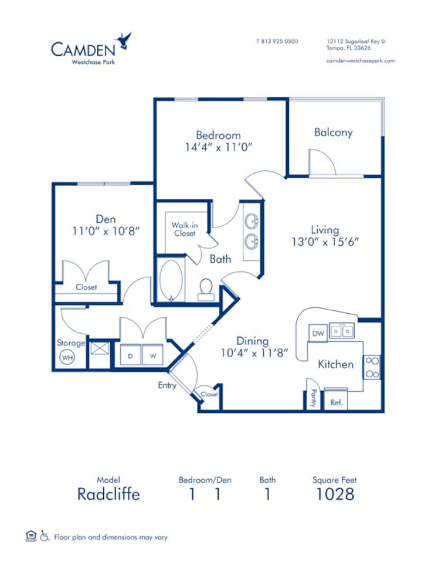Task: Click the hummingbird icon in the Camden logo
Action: [x=124, y=40]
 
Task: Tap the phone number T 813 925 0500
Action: [x=277, y=42]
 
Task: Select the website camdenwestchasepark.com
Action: [x=360, y=60]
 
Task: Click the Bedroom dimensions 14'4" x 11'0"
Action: [x=218, y=148]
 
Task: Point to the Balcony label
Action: [x=333, y=133]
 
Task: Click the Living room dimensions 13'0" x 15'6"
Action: [x=325, y=241]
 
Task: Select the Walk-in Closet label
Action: [x=183, y=229]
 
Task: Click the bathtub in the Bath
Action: [x=171, y=281]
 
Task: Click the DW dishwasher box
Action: [x=317, y=333]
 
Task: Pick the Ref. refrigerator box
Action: [x=337, y=403]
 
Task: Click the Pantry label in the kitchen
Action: [x=314, y=398]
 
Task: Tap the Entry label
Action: [x=167, y=385]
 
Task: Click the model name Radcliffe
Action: [x=108, y=494]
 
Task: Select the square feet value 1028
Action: [x=335, y=494]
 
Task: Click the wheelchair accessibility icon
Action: [x=45, y=536]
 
